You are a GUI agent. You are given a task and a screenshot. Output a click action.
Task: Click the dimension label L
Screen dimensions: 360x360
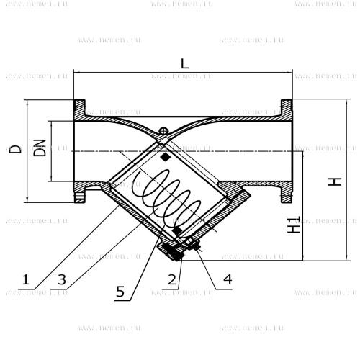[x=184, y=63]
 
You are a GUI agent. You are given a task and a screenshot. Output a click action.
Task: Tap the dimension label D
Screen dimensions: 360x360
[x=15, y=149]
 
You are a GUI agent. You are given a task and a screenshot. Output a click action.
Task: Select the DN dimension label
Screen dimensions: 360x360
[x=40, y=148]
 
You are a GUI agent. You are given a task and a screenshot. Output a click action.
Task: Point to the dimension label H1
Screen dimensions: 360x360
[x=294, y=225]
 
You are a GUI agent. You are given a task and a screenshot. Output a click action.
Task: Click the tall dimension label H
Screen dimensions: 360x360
[x=335, y=181]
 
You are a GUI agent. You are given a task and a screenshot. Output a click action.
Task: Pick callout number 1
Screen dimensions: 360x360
[x=26, y=280]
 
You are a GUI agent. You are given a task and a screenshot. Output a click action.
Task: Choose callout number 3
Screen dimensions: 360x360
[x=62, y=280]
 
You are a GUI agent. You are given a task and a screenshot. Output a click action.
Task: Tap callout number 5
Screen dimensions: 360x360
[x=120, y=292]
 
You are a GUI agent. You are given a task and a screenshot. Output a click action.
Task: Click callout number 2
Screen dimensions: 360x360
[x=172, y=280]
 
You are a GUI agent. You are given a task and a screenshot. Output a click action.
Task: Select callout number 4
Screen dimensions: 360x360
[x=228, y=280]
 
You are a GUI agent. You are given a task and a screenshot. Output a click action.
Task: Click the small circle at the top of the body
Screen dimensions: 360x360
[x=163, y=131]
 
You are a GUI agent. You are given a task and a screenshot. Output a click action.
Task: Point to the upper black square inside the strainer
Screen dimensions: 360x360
[x=166, y=157]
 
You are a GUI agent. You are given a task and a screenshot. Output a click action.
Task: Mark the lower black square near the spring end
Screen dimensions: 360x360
[x=177, y=230]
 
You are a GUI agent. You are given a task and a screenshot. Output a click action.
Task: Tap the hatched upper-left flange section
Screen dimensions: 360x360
[x=80, y=109]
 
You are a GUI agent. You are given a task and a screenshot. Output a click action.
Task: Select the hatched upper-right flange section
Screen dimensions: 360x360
[x=287, y=110]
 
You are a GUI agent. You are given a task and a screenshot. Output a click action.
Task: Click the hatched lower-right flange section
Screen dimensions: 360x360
[x=287, y=192]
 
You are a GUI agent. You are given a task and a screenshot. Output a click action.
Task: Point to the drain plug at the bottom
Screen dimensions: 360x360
[x=171, y=251]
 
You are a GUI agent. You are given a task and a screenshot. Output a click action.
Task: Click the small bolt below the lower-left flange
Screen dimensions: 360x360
[x=79, y=197]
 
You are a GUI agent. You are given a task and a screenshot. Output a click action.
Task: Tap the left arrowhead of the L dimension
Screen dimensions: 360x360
[x=76, y=72]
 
